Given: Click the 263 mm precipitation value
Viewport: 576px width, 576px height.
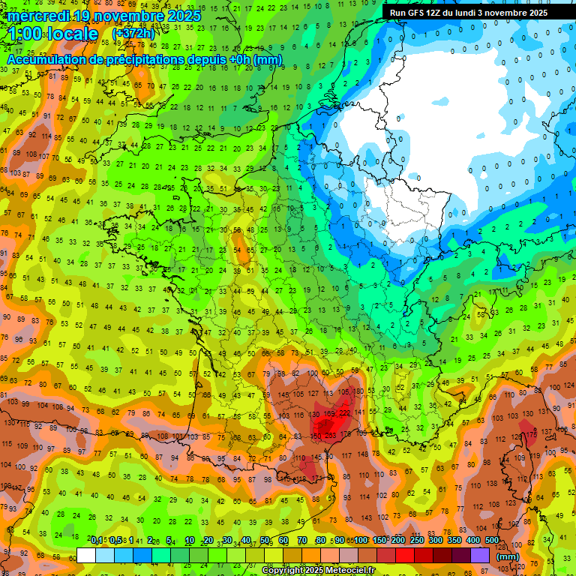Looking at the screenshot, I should tap(331, 435).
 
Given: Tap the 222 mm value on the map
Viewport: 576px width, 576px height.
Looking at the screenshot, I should tap(344, 413).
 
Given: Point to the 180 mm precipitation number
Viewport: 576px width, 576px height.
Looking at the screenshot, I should tap(358, 391).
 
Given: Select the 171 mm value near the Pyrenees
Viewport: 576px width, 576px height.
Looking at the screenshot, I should tap(316, 478).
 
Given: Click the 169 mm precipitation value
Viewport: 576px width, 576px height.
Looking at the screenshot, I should tap(329, 413).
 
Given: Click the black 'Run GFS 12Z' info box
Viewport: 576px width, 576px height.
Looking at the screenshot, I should tap(469, 13).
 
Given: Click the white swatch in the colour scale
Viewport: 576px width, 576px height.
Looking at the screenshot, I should tap(86, 556).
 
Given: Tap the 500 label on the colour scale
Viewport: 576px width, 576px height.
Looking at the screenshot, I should tap(491, 540).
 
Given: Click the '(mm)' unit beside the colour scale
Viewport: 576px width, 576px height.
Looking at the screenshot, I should tap(508, 556).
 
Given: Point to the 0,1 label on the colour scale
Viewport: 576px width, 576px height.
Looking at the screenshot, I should tap(97, 540).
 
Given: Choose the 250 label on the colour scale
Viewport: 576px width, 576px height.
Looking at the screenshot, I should tap(417, 540).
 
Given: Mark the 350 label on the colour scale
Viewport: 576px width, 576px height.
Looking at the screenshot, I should tap(454, 540).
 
